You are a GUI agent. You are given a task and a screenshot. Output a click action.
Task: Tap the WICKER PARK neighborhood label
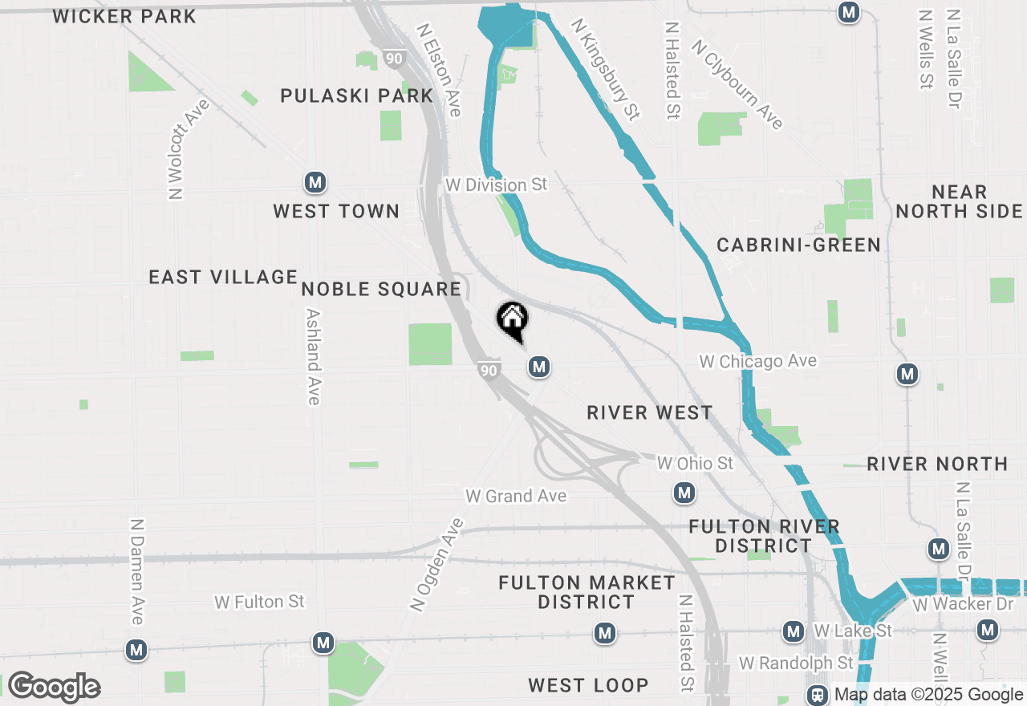[x=124, y=16]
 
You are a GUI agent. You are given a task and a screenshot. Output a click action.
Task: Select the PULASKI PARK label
[x=357, y=95]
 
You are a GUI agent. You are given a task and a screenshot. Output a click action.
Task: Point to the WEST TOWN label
[x=336, y=211]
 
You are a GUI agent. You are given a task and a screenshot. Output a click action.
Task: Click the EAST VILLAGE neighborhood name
[x=223, y=277]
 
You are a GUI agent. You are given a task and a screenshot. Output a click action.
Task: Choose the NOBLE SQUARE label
[x=381, y=289]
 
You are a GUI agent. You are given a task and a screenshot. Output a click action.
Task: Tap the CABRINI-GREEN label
[x=798, y=245]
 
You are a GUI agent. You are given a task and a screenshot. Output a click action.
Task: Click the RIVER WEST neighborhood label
[x=650, y=412]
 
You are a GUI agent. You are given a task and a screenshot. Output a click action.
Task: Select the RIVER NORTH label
[x=937, y=464]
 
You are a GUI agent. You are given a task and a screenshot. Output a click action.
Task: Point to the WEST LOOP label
[x=588, y=685]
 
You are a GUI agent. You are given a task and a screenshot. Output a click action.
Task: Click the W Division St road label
[x=496, y=185]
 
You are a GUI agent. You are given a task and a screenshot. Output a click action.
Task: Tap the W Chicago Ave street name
[x=757, y=361]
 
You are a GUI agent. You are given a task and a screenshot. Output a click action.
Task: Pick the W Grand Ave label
[x=516, y=496]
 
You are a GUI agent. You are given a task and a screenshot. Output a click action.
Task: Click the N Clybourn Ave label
[x=737, y=84]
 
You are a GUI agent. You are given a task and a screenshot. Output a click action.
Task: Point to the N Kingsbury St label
[x=606, y=70]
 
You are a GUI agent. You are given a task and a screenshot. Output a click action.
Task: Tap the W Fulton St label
[x=259, y=601]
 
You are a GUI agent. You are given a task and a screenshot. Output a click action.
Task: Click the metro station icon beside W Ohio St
[x=684, y=493]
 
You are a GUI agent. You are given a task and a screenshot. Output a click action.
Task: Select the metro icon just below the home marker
[x=538, y=367]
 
